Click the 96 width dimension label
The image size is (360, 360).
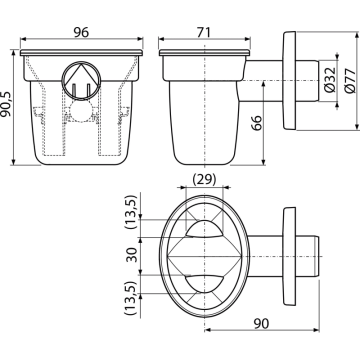[x=81, y=32]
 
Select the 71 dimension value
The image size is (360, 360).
[x=203, y=32]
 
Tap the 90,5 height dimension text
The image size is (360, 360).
[x=5, y=104]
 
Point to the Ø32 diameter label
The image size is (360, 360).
[x=330, y=79]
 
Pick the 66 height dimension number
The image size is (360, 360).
[x=256, y=123]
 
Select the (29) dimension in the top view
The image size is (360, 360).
[x=204, y=179]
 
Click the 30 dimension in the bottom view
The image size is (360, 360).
[x=131, y=255]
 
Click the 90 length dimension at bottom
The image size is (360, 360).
[x=261, y=323]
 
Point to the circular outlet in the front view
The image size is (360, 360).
[x=81, y=80]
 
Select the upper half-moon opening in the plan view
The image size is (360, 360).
[x=204, y=228]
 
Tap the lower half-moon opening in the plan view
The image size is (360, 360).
[x=204, y=284]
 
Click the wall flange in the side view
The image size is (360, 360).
[x=289, y=80]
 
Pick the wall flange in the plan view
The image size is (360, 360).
[x=289, y=256]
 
